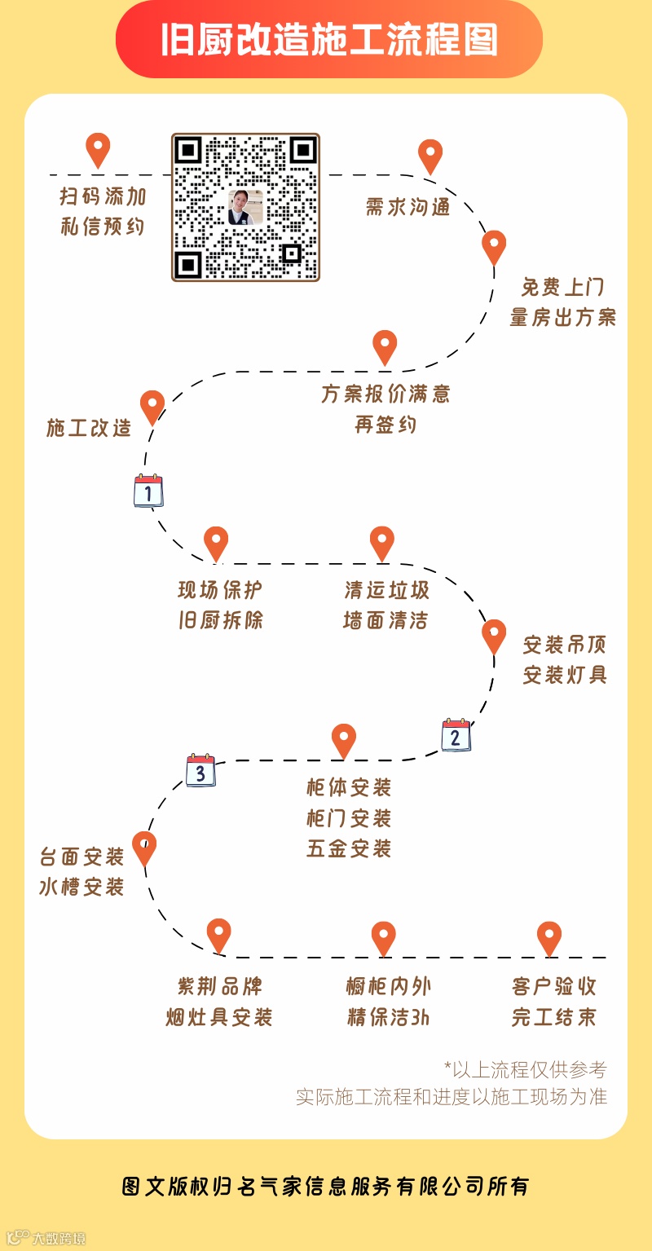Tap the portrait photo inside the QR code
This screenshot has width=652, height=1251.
tap(244, 208)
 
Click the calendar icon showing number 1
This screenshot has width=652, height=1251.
tap(148, 491)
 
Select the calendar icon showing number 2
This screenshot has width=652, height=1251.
tap(456, 735)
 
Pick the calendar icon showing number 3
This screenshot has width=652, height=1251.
tap(200, 770)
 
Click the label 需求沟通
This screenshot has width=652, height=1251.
tap(407, 207)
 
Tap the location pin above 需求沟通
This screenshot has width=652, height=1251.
tap(430, 156)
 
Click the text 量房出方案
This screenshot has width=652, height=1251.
tap(563, 318)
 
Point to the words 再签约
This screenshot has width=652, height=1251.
tap(385, 425)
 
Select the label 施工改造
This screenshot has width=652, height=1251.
tap(89, 428)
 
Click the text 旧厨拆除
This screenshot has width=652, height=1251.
tap(221, 620)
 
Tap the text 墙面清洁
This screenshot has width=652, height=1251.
tap(385, 620)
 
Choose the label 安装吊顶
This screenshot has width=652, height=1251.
tap(565, 645)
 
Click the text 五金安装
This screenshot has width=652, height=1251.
tap(349, 848)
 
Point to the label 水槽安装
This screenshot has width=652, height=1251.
tap(81, 887)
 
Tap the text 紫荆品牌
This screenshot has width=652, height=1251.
tap(220, 986)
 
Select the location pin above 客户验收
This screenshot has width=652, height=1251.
tap(549, 937)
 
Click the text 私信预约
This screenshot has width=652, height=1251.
tap(103, 227)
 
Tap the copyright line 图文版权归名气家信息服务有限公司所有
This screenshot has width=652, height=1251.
tap(326, 1186)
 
